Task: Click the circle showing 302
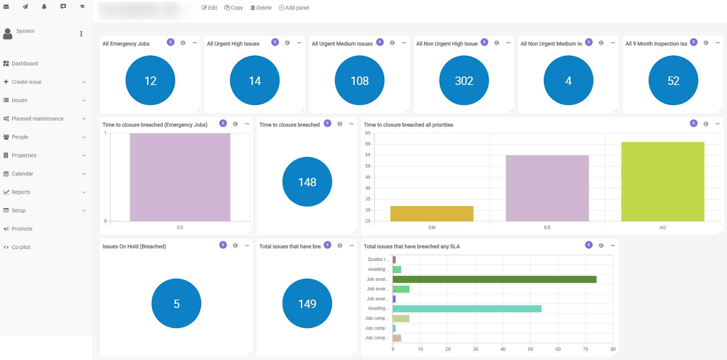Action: [x=464, y=80]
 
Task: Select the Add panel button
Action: [x=294, y=8]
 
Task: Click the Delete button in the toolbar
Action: [x=261, y=8]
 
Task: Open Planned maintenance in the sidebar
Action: [x=38, y=119]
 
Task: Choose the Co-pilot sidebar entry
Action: [x=21, y=247]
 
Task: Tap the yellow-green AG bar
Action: [x=662, y=182]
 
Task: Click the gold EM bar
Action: [x=432, y=214]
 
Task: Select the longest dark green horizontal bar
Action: [x=494, y=279]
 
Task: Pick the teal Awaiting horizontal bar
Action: [x=467, y=309]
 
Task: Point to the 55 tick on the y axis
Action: [x=368, y=155]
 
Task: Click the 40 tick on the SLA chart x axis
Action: [x=503, y=349]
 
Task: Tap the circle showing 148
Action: [x=307, y=182]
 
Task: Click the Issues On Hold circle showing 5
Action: [x=176, y=304]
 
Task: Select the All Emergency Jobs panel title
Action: [x=126, y=44]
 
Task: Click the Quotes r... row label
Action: [x=378, y=260]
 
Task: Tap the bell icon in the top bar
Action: [x=44, y=6]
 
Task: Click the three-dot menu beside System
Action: [x=81, y=34]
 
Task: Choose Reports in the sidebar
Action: [x=21, y=192]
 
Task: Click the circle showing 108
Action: [x=359, y=80]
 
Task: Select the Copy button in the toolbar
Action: [x=234, y=8]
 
